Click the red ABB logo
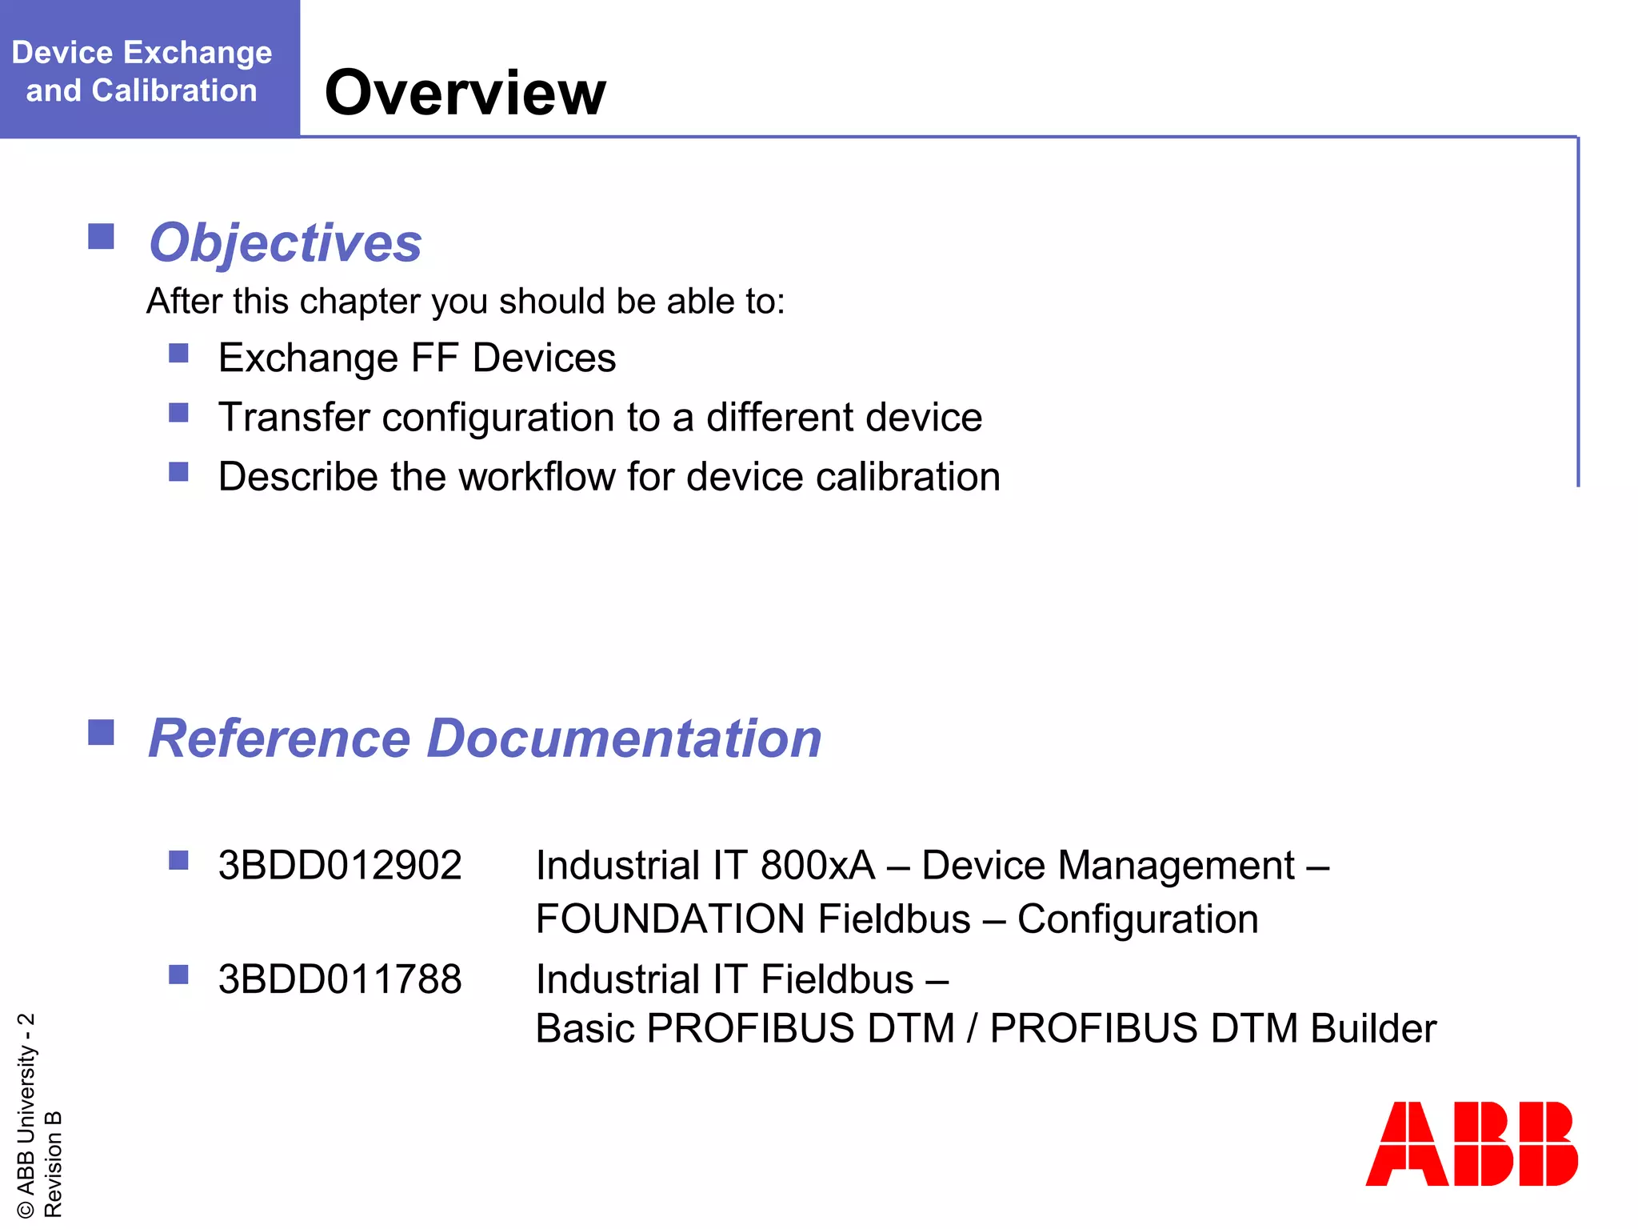1471,1143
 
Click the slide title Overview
465,93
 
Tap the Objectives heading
286,242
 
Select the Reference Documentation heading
485,738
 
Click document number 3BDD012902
340,866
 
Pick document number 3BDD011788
340,979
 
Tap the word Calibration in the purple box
174,90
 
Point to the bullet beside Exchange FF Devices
178,353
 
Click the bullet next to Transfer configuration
178,413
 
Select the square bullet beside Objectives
101,237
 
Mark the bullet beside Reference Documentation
101,732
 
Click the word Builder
1373,1029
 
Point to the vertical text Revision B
53,1163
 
